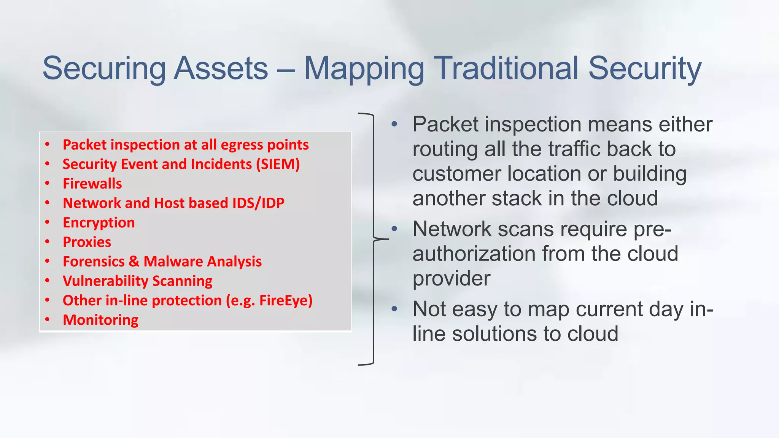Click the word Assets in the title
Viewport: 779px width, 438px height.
[x=221, y=68]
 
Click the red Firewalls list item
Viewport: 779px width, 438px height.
[x=92, y=184]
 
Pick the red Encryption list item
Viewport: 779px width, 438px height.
[x=99, y=223]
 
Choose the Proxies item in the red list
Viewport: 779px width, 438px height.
[x=87, y=242]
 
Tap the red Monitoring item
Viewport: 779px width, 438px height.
[x=100, y=320]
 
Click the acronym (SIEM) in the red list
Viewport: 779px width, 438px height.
[x=278, y=164]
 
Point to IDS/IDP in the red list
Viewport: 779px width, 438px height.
[x=258, y=203]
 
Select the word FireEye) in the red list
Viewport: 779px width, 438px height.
[x=286, y=300]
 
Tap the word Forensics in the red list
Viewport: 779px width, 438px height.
[x=94, y=262]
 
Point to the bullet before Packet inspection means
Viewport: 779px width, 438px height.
[x=394, y=124]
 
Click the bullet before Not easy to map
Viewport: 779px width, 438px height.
[x=394, y=309]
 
